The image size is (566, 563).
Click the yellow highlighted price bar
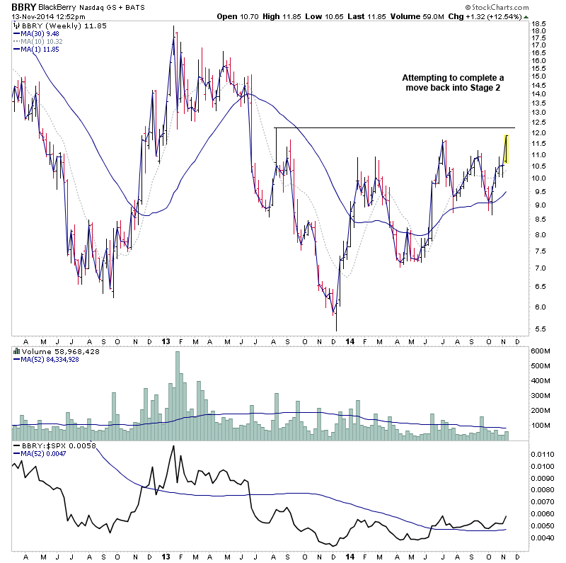pyautogui.click(x=507, y=149)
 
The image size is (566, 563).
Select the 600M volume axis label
pyautogui.click(x=541, y=351)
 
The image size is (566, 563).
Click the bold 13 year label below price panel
pyautogui.click(x=165, y=341)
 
